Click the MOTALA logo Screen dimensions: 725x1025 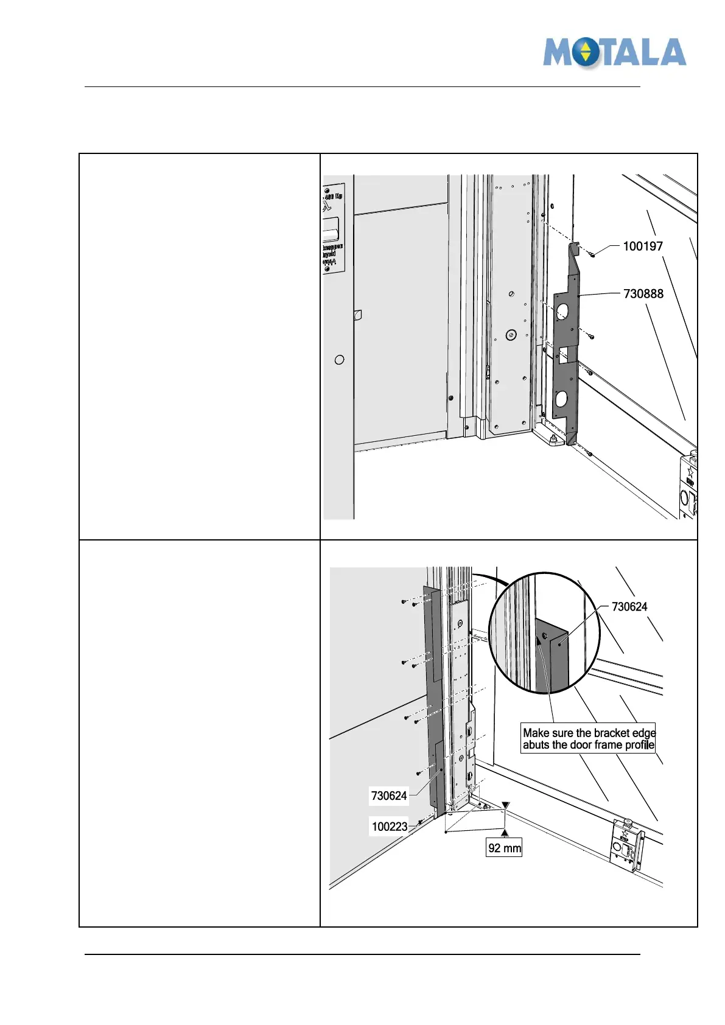click(615, 53)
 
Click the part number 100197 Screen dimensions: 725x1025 click(643, 247)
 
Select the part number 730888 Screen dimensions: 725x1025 click(643, 294)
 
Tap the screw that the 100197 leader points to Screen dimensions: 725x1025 click(592, 254)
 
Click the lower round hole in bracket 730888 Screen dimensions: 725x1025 click(561, 399)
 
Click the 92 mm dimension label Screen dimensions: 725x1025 click(504, 848)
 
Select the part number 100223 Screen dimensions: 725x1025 click(390, 827)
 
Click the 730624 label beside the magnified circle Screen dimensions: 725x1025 click(629, 607)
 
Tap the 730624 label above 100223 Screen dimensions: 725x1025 click(389, 796)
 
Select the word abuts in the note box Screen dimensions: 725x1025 click(536, 745)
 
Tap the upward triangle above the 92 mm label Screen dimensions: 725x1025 click(505, 833)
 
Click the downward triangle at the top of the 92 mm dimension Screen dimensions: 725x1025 click(505, 806)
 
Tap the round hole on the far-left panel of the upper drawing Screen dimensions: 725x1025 click(340, 360)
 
